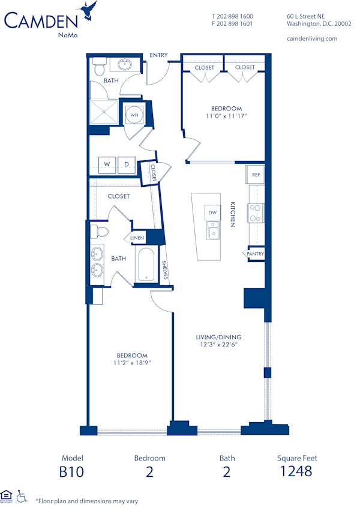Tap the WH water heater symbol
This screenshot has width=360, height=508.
pyautogui.click(x=135, y=115)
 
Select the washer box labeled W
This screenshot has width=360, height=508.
pyautogui.click(x=107, y=165)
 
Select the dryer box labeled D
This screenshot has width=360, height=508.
pyautogui.click(x=126, y=165)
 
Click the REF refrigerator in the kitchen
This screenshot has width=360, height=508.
pyautogui.click(x=256, y=175)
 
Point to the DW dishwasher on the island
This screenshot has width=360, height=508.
pyautogui.click(x=212, y=213)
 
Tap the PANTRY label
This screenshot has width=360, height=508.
pyautogui.click(x=255, y=254)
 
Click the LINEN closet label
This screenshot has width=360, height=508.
pyautogui.click(x=137, y=238)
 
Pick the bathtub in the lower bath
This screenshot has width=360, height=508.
pyautogui.click(x=146, y=266)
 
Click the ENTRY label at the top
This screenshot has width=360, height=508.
pyautogui.click(x=159, y=55)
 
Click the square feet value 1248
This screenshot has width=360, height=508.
pyautogui.click(x=296, y=471)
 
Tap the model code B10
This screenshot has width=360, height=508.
pyautogui.click(x=71, y=471)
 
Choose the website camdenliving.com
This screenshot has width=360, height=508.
pyautogui.click(x=312, y=38)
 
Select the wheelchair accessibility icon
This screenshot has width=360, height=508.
pyautogui.click(x=22, y=496)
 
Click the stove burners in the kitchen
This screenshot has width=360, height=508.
pyautogui.click(x=255, y=213)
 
